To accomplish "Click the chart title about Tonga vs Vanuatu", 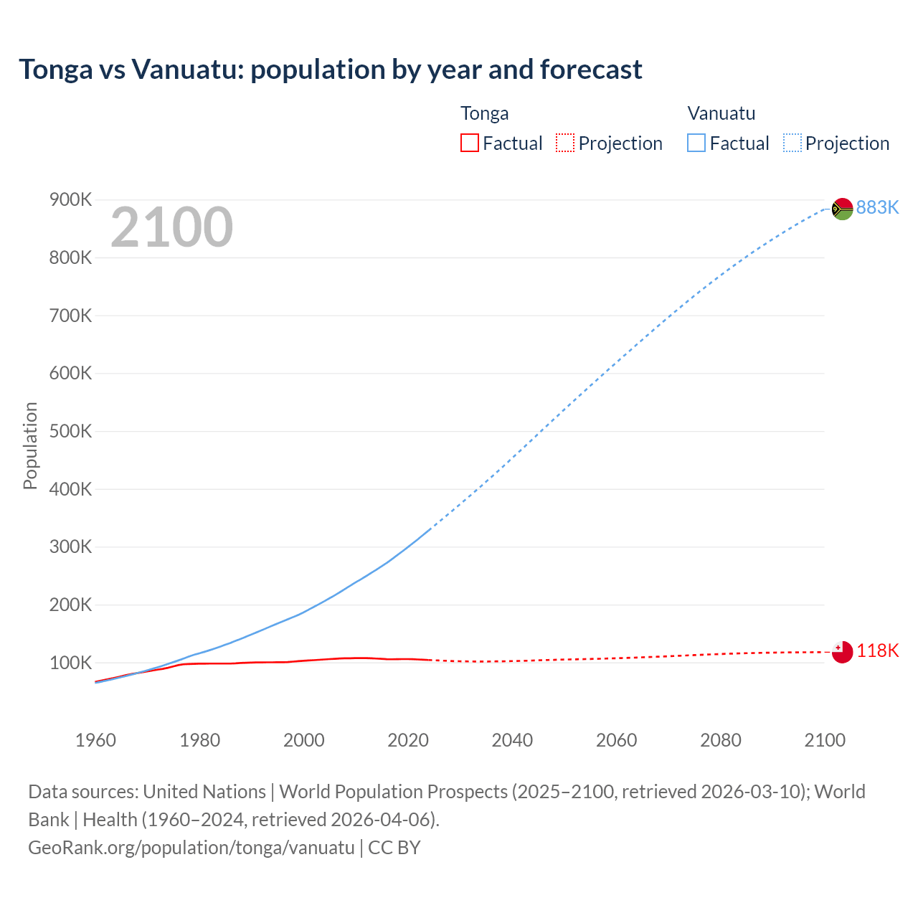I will [x=331, y=70].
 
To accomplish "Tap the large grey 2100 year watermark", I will [x=171, y=227].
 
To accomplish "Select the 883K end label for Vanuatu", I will [x=877, y=207].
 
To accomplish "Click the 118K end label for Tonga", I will [x=877, y=650].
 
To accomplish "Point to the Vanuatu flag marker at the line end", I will [x=842, y=209].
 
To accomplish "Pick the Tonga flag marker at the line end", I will [x=842, y=652].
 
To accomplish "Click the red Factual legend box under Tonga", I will [x=470, y=143].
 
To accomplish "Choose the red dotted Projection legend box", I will [x=565, y=143].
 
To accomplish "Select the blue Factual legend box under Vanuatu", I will [x=696, y=143].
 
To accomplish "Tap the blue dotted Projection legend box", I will [x=792, y=143].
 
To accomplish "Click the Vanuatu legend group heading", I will [x=721, y=113].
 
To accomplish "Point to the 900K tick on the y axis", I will [x=70, y=199].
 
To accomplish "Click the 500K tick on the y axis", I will [x=70, y=431].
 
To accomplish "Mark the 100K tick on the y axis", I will [x=70, y=663].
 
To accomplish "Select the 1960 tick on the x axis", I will [x=95, y=740].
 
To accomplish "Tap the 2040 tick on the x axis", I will [x=512, y=740].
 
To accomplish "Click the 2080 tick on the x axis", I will [x=721, y=740].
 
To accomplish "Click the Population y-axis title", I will [x=30, y=445].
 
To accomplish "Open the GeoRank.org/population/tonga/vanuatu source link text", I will [x=191, y=847].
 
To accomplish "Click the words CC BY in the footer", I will [x=394, y=847].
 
